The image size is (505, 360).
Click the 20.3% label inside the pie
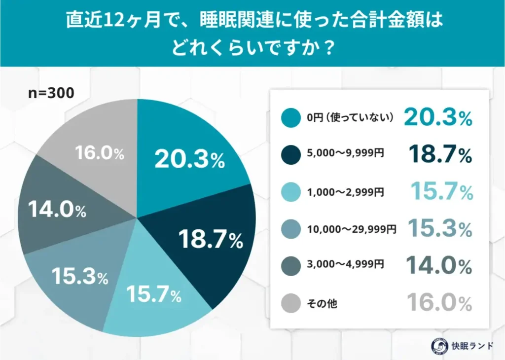(x=189, y=159)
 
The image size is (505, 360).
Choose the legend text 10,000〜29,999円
(x=351, y=229)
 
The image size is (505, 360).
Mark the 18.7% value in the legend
(x=440, y=155)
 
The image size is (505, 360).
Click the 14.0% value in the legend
(x=440, y=266)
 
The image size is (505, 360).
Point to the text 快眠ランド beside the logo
(x=472, y=345)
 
